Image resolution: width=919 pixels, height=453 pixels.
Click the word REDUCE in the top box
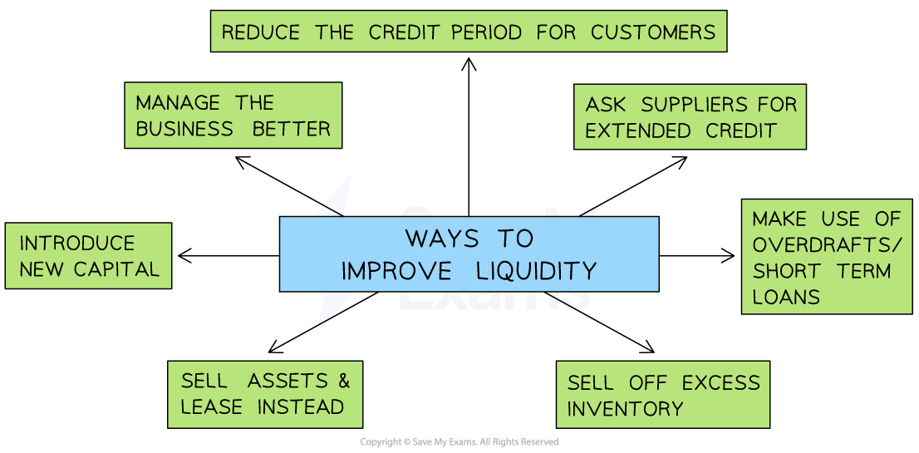click(x=260, y=32)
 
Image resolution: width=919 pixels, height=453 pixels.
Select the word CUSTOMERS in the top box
click(x=653, y=32)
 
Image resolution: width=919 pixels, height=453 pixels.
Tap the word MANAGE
click(x=178, y=103)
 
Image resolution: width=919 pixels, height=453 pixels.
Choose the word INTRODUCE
click(x=76, y=244)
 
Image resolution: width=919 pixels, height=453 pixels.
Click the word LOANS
click(x=786, y=297)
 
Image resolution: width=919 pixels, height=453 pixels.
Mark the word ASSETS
click(x=287, y=382)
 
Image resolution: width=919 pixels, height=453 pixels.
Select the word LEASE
click(x=212, y=407)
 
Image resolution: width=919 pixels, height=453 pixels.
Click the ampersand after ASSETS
click(x=344, y=382)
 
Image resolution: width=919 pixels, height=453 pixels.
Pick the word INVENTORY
click(x=625, y=409)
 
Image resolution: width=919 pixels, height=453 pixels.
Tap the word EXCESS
click(x=721, y=383)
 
